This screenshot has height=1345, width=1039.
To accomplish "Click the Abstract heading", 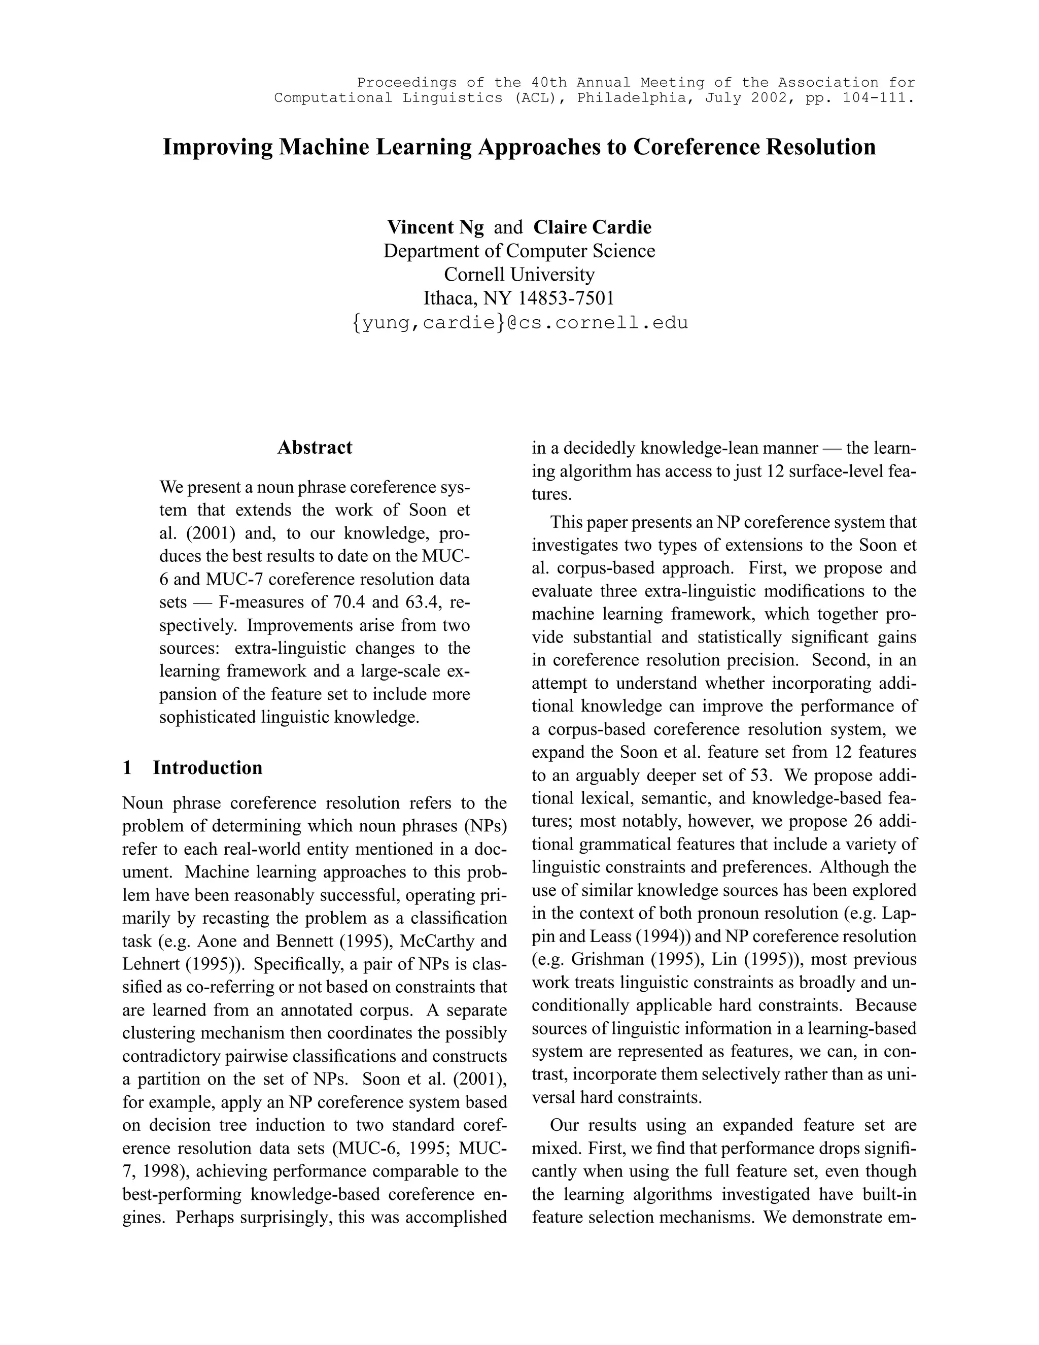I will (x=315, y=447).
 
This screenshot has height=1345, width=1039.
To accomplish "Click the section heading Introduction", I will (x=207, y=767).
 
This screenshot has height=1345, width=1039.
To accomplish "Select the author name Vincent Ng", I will (x=435, y=227).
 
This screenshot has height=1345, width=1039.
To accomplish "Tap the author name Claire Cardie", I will (x=592, y=227).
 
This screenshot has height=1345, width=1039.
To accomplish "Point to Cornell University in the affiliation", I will (x=519, y=275).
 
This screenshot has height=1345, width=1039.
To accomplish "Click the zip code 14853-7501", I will (x=566, y=298).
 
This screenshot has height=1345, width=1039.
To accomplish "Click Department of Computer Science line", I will (x=519, y=251).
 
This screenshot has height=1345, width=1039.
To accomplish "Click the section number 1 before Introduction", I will (x=127, y=767).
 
